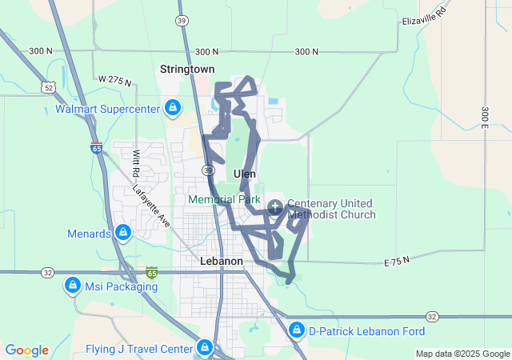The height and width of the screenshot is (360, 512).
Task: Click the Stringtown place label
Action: [187, 70]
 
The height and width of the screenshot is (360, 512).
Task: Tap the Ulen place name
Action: [245, 173]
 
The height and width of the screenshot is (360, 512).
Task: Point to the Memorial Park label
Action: [224, 198]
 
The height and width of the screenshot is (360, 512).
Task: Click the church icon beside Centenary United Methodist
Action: [275, 208]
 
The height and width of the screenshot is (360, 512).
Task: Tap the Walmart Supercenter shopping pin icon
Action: [172, 107]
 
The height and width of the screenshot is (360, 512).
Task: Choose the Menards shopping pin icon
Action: [123, 233]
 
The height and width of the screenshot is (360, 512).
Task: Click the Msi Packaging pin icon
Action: [72, 285]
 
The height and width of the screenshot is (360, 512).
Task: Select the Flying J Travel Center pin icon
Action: [205, 347]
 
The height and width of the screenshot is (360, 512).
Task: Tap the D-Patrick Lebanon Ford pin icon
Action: [297, 330]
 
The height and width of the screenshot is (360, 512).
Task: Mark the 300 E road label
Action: [484, 116]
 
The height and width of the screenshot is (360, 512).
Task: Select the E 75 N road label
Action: [396, 261]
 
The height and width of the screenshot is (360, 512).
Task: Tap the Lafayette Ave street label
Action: [151, 206]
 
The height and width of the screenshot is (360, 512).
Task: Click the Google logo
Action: [27, 350]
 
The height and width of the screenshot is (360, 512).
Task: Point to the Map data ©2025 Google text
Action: [462, 354]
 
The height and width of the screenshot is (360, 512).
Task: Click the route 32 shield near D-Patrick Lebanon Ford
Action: [432, 317]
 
